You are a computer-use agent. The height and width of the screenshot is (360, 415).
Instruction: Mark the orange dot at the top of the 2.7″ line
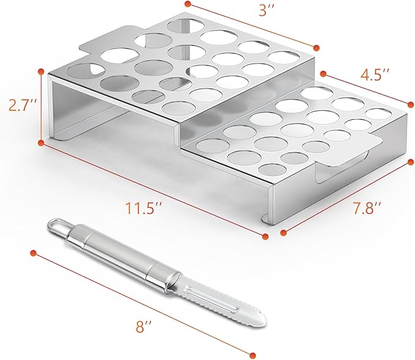point(41,72)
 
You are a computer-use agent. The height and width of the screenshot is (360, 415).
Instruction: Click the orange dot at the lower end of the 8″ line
point(253,354)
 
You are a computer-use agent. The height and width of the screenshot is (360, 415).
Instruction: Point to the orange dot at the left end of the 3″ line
point(188,4)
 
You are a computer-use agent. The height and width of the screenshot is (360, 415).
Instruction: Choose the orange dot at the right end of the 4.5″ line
point(411,105)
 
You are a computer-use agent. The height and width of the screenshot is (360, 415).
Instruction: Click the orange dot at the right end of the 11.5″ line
point(265,237)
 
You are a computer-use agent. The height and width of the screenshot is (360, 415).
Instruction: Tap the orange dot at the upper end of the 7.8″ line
point(411,162)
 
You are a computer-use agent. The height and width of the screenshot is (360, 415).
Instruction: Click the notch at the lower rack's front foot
point(266,219)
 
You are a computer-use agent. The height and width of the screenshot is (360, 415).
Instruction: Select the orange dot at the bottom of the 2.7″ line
point(41,143)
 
